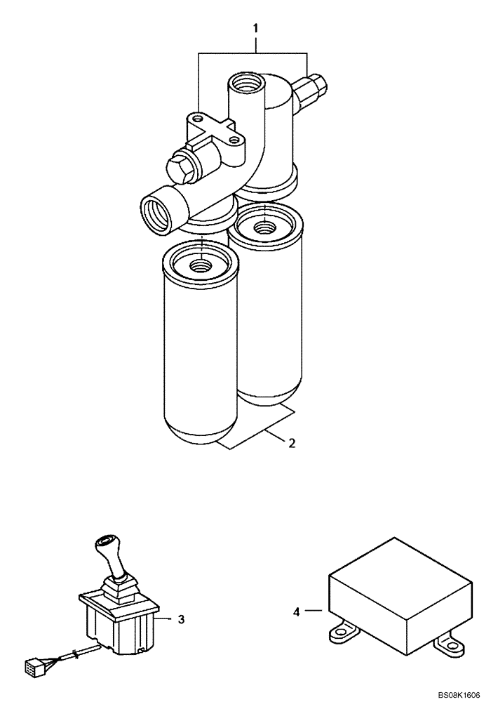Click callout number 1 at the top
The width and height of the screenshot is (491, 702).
click(x=256, y=28)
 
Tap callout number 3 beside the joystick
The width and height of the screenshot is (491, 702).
click(x=181, y=619)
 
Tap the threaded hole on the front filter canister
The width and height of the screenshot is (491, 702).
click(x=200, y=265)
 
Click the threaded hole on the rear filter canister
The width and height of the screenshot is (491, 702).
click(x=264, y=227)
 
